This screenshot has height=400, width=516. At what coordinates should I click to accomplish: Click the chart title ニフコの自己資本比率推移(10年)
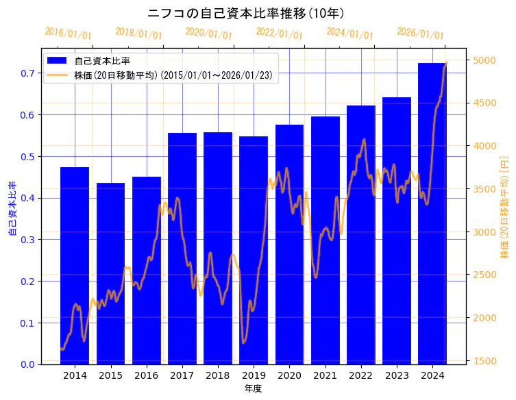coord(246,13)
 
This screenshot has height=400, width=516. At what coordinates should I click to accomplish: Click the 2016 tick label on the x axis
coord(146,375)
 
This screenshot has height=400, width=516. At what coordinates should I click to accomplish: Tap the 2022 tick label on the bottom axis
coord(360,375)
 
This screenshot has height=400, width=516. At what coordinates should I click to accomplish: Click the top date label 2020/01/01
coord(209,34)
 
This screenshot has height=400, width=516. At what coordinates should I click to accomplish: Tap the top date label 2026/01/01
coord(420,34)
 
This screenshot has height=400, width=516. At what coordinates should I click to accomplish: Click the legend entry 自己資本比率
coord(112,61)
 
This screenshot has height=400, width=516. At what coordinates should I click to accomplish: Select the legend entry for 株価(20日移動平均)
coord(176,75)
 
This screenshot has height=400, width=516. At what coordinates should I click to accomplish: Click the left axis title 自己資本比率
coord(12,209)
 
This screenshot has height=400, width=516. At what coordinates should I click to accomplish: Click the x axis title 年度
coord(253,388)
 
